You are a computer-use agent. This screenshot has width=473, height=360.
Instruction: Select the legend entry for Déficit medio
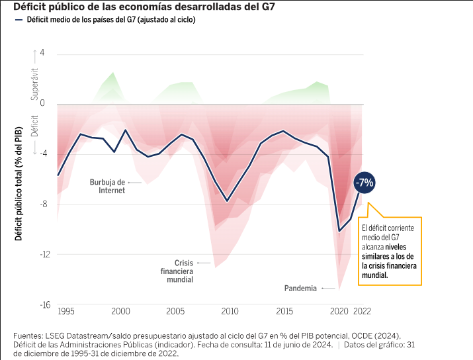coord(110,20)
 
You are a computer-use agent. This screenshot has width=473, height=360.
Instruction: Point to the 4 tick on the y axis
coord(42,53)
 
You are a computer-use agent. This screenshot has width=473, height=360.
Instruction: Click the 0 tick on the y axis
coord(42,103)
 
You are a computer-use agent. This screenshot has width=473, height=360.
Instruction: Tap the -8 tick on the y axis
coord(42,204)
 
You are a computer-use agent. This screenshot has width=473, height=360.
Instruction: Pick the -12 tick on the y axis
coord(40,254)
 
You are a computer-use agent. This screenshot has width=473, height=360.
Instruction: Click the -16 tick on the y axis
coord(40,305)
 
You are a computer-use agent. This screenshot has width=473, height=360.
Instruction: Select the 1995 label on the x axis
coord(65,311)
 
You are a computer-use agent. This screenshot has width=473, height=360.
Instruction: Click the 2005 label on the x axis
coord(175,311)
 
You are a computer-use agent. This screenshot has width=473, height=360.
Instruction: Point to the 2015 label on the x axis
coord(285,311)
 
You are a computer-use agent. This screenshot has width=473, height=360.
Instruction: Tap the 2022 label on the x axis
coord(363,311)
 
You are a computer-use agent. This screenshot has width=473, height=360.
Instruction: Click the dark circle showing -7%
coord(365,183)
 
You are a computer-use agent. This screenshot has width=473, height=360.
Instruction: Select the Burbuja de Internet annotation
coord(107,186)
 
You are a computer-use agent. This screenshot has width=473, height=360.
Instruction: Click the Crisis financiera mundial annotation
coord(176,271)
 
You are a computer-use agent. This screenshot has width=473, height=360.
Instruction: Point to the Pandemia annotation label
coord(300,289)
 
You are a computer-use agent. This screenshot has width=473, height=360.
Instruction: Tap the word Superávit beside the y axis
coord(35,84)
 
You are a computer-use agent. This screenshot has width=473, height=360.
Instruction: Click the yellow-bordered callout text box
coord(390,251)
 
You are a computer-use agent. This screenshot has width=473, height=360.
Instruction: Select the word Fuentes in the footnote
coord(30,336)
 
